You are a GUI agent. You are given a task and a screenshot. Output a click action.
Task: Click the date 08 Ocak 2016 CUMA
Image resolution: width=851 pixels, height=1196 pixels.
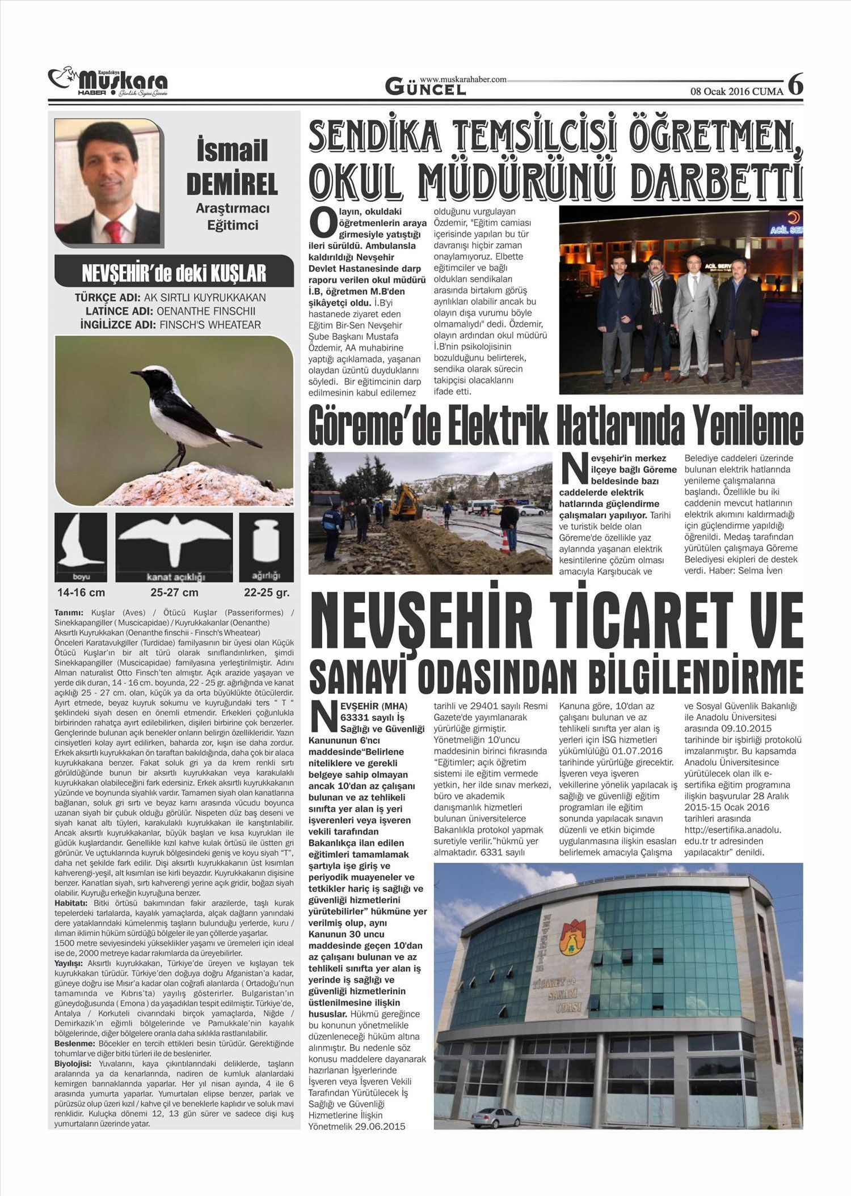736,91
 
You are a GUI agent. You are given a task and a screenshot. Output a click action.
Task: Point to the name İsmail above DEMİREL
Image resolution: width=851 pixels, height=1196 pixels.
232,151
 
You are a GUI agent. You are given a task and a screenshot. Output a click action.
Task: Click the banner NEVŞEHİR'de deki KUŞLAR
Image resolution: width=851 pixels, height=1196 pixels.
174,274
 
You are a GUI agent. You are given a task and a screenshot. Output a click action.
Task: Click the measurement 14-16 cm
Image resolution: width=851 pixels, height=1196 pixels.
81,593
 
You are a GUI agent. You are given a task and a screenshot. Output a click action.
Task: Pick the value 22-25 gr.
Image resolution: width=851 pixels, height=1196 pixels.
267,593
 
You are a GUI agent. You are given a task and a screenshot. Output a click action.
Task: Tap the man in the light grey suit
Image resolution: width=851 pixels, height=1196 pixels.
694,317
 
